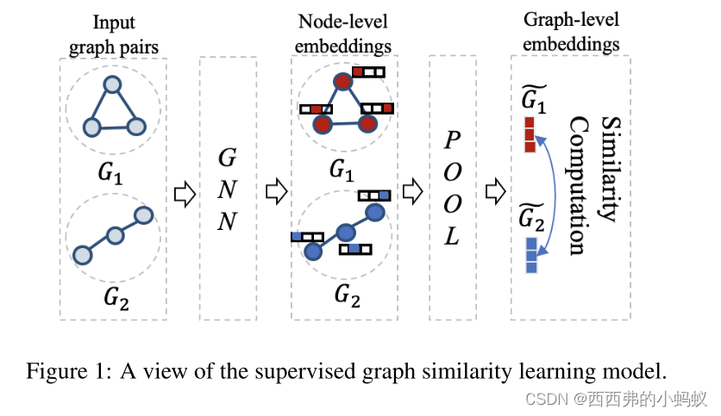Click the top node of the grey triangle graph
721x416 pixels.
pos(112,84)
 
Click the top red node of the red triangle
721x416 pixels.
pos(342,83)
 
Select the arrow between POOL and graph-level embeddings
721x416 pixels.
pos(496,190)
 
